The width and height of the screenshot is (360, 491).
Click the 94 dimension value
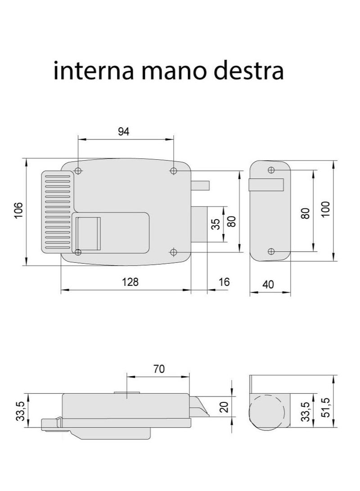click(x=124, y=131)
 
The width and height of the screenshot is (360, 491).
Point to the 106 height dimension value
click(x=19, y=211)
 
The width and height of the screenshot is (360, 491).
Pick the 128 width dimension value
click(x=130, y=282)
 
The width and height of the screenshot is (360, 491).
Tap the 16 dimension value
click(x=224, y=282)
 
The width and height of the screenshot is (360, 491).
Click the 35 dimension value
click(x=216, y=224)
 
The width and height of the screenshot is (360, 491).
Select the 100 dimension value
click(x=325, y=209)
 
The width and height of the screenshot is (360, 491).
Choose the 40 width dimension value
click(x=268, y=284)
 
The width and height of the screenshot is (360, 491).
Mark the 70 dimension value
click(x=159, y=369)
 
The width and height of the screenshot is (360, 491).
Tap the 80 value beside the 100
click(x=305, y=213)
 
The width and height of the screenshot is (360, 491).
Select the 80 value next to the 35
click(x=231, y=221)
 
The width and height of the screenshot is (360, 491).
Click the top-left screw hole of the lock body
click(x=78, y=171)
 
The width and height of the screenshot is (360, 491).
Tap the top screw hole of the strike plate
click(x=271, y=170)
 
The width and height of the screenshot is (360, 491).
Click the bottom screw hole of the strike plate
click(x=271, y=251)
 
